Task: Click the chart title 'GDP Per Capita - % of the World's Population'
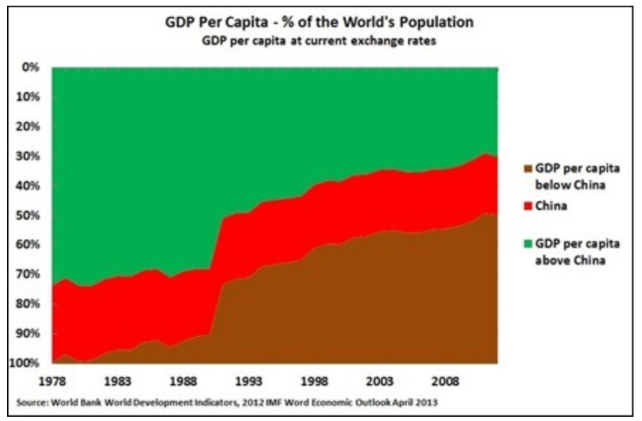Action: tap(320, 23)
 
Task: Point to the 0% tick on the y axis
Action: tap(29, 68)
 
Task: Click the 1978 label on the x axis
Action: tap(53, 380)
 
